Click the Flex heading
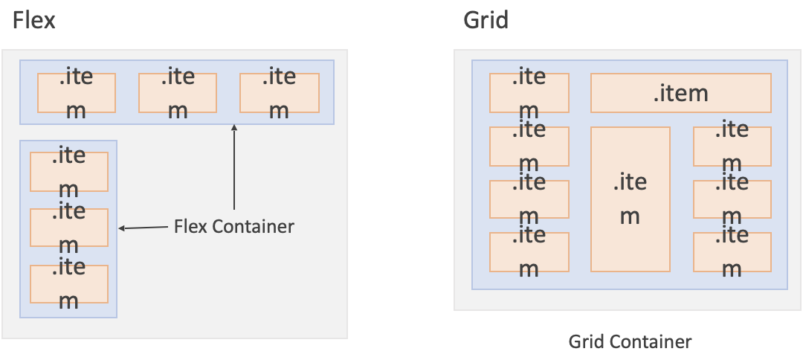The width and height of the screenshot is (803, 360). point(33,20)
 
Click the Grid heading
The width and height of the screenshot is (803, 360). point(486,20)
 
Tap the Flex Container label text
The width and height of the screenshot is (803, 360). point(233,226)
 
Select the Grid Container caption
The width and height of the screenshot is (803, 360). point(630,341)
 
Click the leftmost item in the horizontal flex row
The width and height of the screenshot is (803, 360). point(77,93)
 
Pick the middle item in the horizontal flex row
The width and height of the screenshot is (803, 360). point(178,93)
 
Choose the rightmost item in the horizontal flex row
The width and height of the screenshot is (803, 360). point(279,93)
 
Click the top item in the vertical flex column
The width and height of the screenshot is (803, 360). point(68,172)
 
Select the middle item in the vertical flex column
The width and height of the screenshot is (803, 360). point(68,228)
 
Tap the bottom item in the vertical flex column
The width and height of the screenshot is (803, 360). point(68,283)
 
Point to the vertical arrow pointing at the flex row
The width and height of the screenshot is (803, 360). point(234,167)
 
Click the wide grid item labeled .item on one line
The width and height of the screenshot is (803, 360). point(680,93)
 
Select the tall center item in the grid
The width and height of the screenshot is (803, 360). point(630,199)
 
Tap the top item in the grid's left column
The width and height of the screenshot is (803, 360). point(529,93)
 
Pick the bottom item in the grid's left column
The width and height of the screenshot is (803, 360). point(529,252)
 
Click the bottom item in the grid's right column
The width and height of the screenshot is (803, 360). point(732,252)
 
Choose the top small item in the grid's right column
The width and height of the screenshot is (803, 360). point(732,146)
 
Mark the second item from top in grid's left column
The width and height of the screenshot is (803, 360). point(529,146)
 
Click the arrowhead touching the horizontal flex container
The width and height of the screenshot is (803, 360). point(234,128)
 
